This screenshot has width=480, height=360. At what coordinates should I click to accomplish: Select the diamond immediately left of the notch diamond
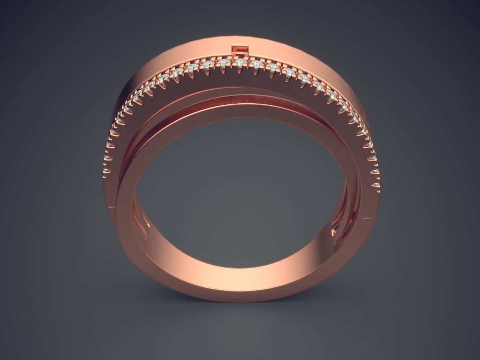click(223, 63)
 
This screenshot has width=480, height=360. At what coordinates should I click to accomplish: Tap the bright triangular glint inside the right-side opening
click(335, 232)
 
